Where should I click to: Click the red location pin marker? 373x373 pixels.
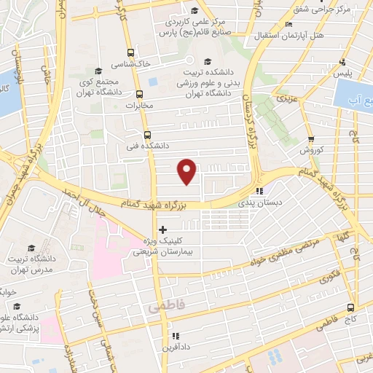point(187,170)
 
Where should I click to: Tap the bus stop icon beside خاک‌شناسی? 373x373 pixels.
point(130,52)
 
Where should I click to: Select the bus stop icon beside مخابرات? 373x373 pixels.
point(139,93)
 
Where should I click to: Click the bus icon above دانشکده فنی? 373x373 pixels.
point(147,135)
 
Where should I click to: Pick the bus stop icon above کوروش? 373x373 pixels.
point(311,139)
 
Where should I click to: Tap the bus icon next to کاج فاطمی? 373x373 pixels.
point(350,307)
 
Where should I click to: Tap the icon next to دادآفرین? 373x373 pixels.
point(175,336)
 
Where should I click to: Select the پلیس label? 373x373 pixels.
point(342,74)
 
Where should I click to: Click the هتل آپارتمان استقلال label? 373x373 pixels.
point(283,34)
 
